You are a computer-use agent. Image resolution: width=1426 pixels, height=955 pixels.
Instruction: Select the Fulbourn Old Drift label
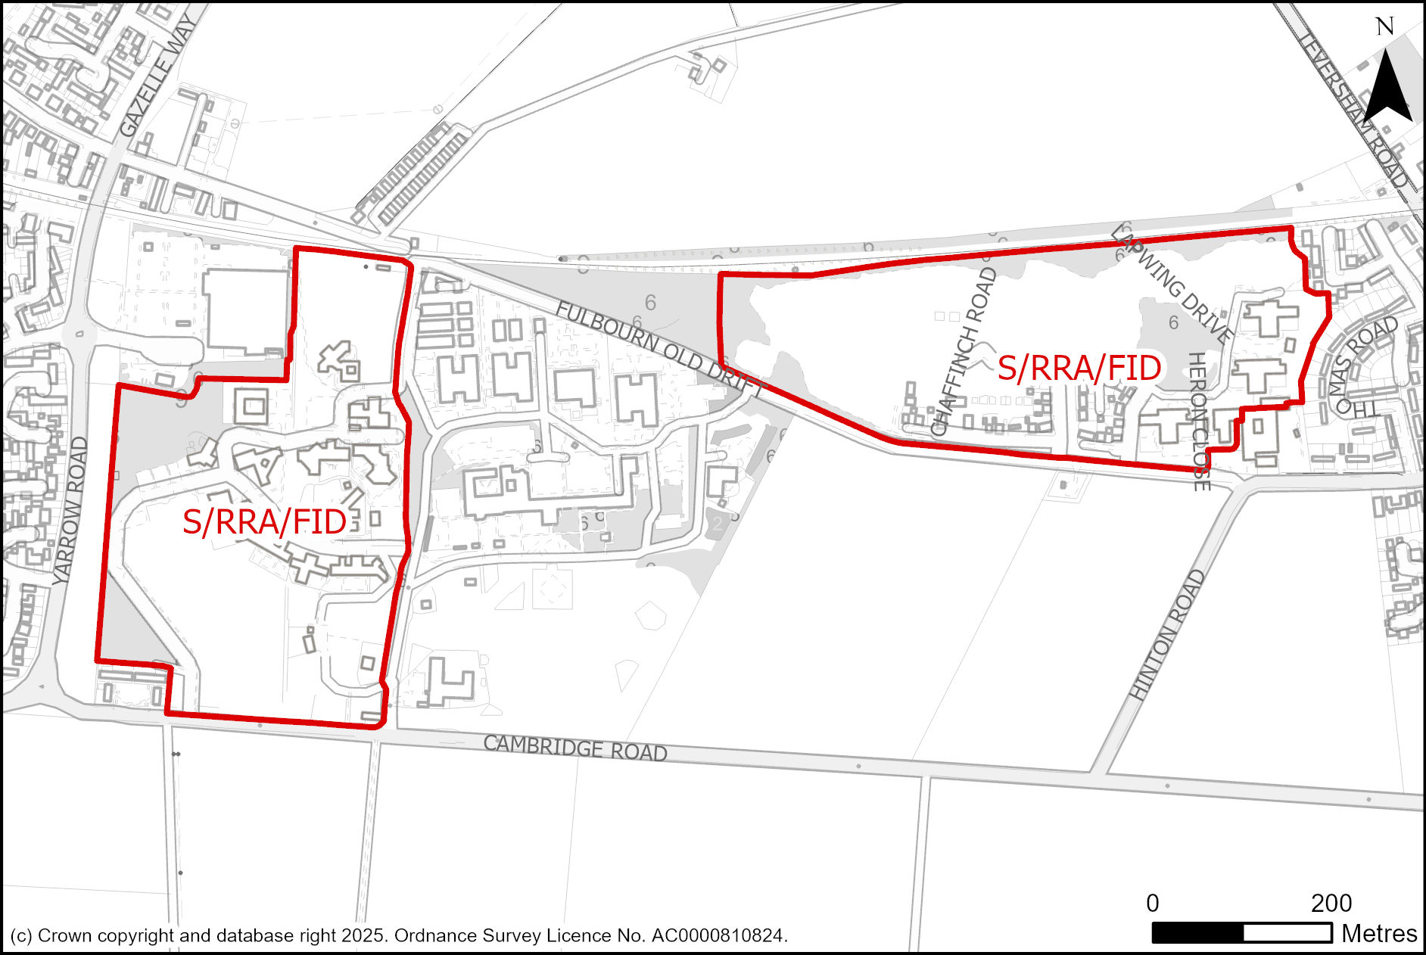[x=659, y=348]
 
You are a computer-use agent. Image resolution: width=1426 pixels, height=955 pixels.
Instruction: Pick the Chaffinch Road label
[x=964, y=352]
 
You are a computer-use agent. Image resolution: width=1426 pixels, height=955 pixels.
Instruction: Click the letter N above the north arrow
[x=1384, y=27]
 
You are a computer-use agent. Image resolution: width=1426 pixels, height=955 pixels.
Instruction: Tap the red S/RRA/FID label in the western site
[x=264, y=522]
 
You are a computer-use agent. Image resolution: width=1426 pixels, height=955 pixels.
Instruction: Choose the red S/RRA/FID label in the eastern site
[x=1079, y=369]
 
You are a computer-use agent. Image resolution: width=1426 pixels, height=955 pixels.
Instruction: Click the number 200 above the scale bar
[x=1331, y=904]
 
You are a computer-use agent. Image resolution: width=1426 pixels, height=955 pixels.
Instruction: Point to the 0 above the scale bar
[x=1152, y=904]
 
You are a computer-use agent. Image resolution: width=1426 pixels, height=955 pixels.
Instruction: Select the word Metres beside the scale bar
[x=1379, y=934]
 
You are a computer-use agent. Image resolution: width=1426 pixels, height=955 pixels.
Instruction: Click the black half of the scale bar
[x=1197, y=934]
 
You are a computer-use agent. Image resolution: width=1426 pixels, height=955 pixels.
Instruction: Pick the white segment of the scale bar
[x=1287, y=934]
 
